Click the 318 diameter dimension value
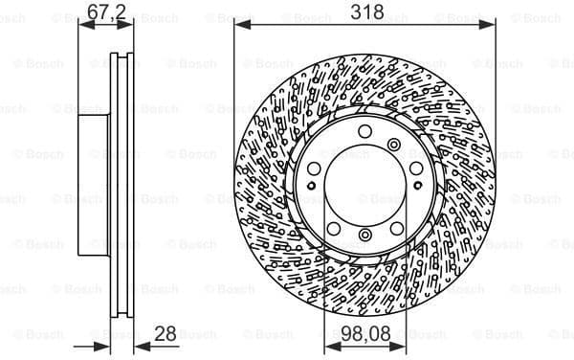pyautogui.click(x=366, y=11)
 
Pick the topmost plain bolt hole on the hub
pyautogui.click(x=365, y=133)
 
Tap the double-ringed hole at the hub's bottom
pyautogui.click(x=365, y=236)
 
